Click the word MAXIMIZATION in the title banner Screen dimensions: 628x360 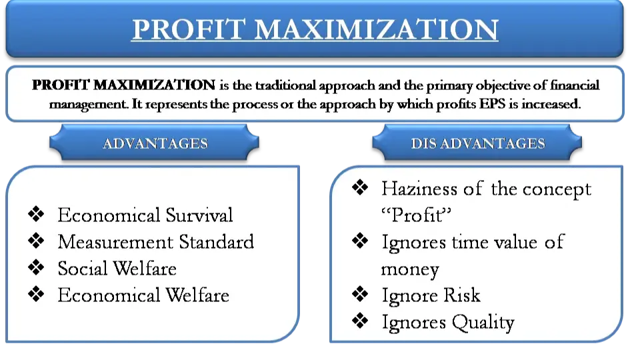(x=377, y=29)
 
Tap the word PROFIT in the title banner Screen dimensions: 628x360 (x=188, y=29)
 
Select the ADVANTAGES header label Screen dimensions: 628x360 (x=155, y=143)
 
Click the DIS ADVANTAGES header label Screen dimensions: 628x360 (x=478, y=143)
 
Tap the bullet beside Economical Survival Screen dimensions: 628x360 (x=36, y=214)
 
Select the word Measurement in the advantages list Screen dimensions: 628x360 (x=115, y=242)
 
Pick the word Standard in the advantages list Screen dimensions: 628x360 (x=216, y=242)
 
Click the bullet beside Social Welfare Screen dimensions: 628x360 (x=36, y=267)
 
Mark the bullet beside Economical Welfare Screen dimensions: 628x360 (x=36, y=294)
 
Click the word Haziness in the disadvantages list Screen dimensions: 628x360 (x=419, y=189)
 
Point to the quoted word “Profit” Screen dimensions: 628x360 (x=416, y=215)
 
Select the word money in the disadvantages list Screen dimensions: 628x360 (x=410, y=270)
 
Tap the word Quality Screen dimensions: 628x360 (x=483, y=323)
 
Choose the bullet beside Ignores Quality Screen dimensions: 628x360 (x=360, y=321)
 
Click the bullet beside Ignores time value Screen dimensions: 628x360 (x=360, y=241)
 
